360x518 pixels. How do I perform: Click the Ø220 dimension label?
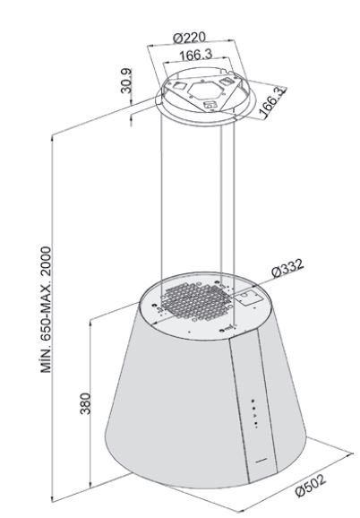190,38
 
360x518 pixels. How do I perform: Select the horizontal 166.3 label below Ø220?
196,55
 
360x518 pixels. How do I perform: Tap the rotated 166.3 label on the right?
272,102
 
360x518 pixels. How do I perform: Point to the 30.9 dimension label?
126,81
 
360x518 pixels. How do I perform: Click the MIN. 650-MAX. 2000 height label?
46,309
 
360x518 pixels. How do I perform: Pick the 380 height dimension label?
85,403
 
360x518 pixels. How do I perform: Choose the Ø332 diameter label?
287,268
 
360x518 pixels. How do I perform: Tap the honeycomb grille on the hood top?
196,301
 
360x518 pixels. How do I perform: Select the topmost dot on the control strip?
253,401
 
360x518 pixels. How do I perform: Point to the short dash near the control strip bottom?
261,460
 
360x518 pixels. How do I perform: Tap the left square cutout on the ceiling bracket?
179,85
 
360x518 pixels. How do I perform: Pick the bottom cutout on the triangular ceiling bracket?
210,105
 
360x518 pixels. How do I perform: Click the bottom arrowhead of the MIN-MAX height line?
52,498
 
